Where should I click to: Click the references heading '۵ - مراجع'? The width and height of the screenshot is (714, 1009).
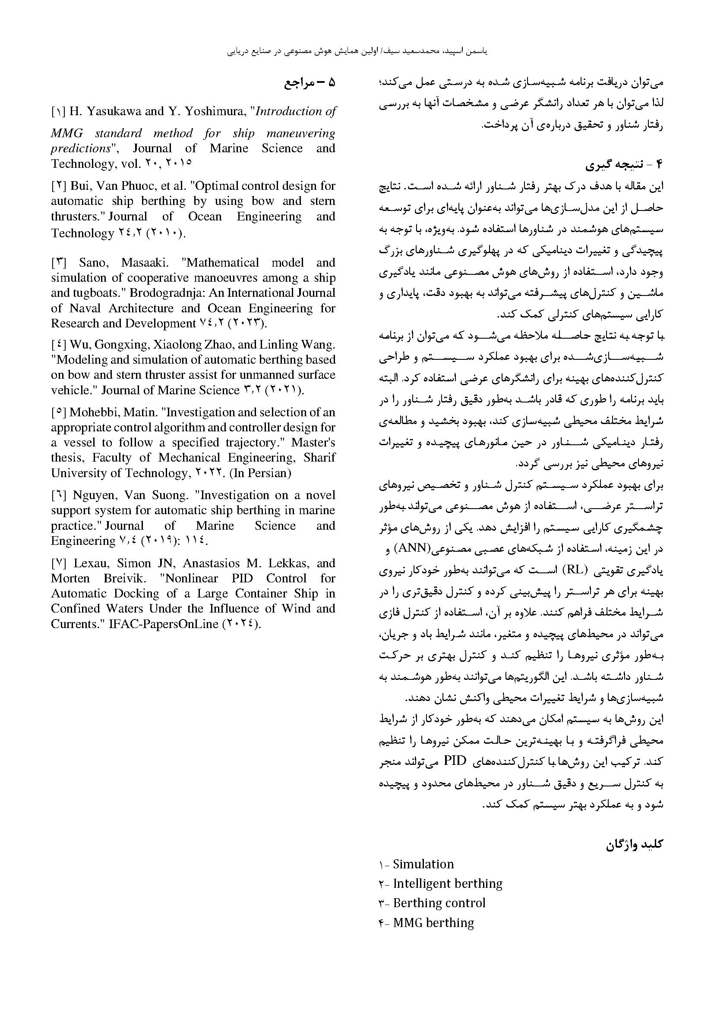310,83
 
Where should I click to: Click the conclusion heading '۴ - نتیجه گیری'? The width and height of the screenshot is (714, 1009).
623,165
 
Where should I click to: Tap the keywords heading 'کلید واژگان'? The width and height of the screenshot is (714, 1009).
634,845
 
